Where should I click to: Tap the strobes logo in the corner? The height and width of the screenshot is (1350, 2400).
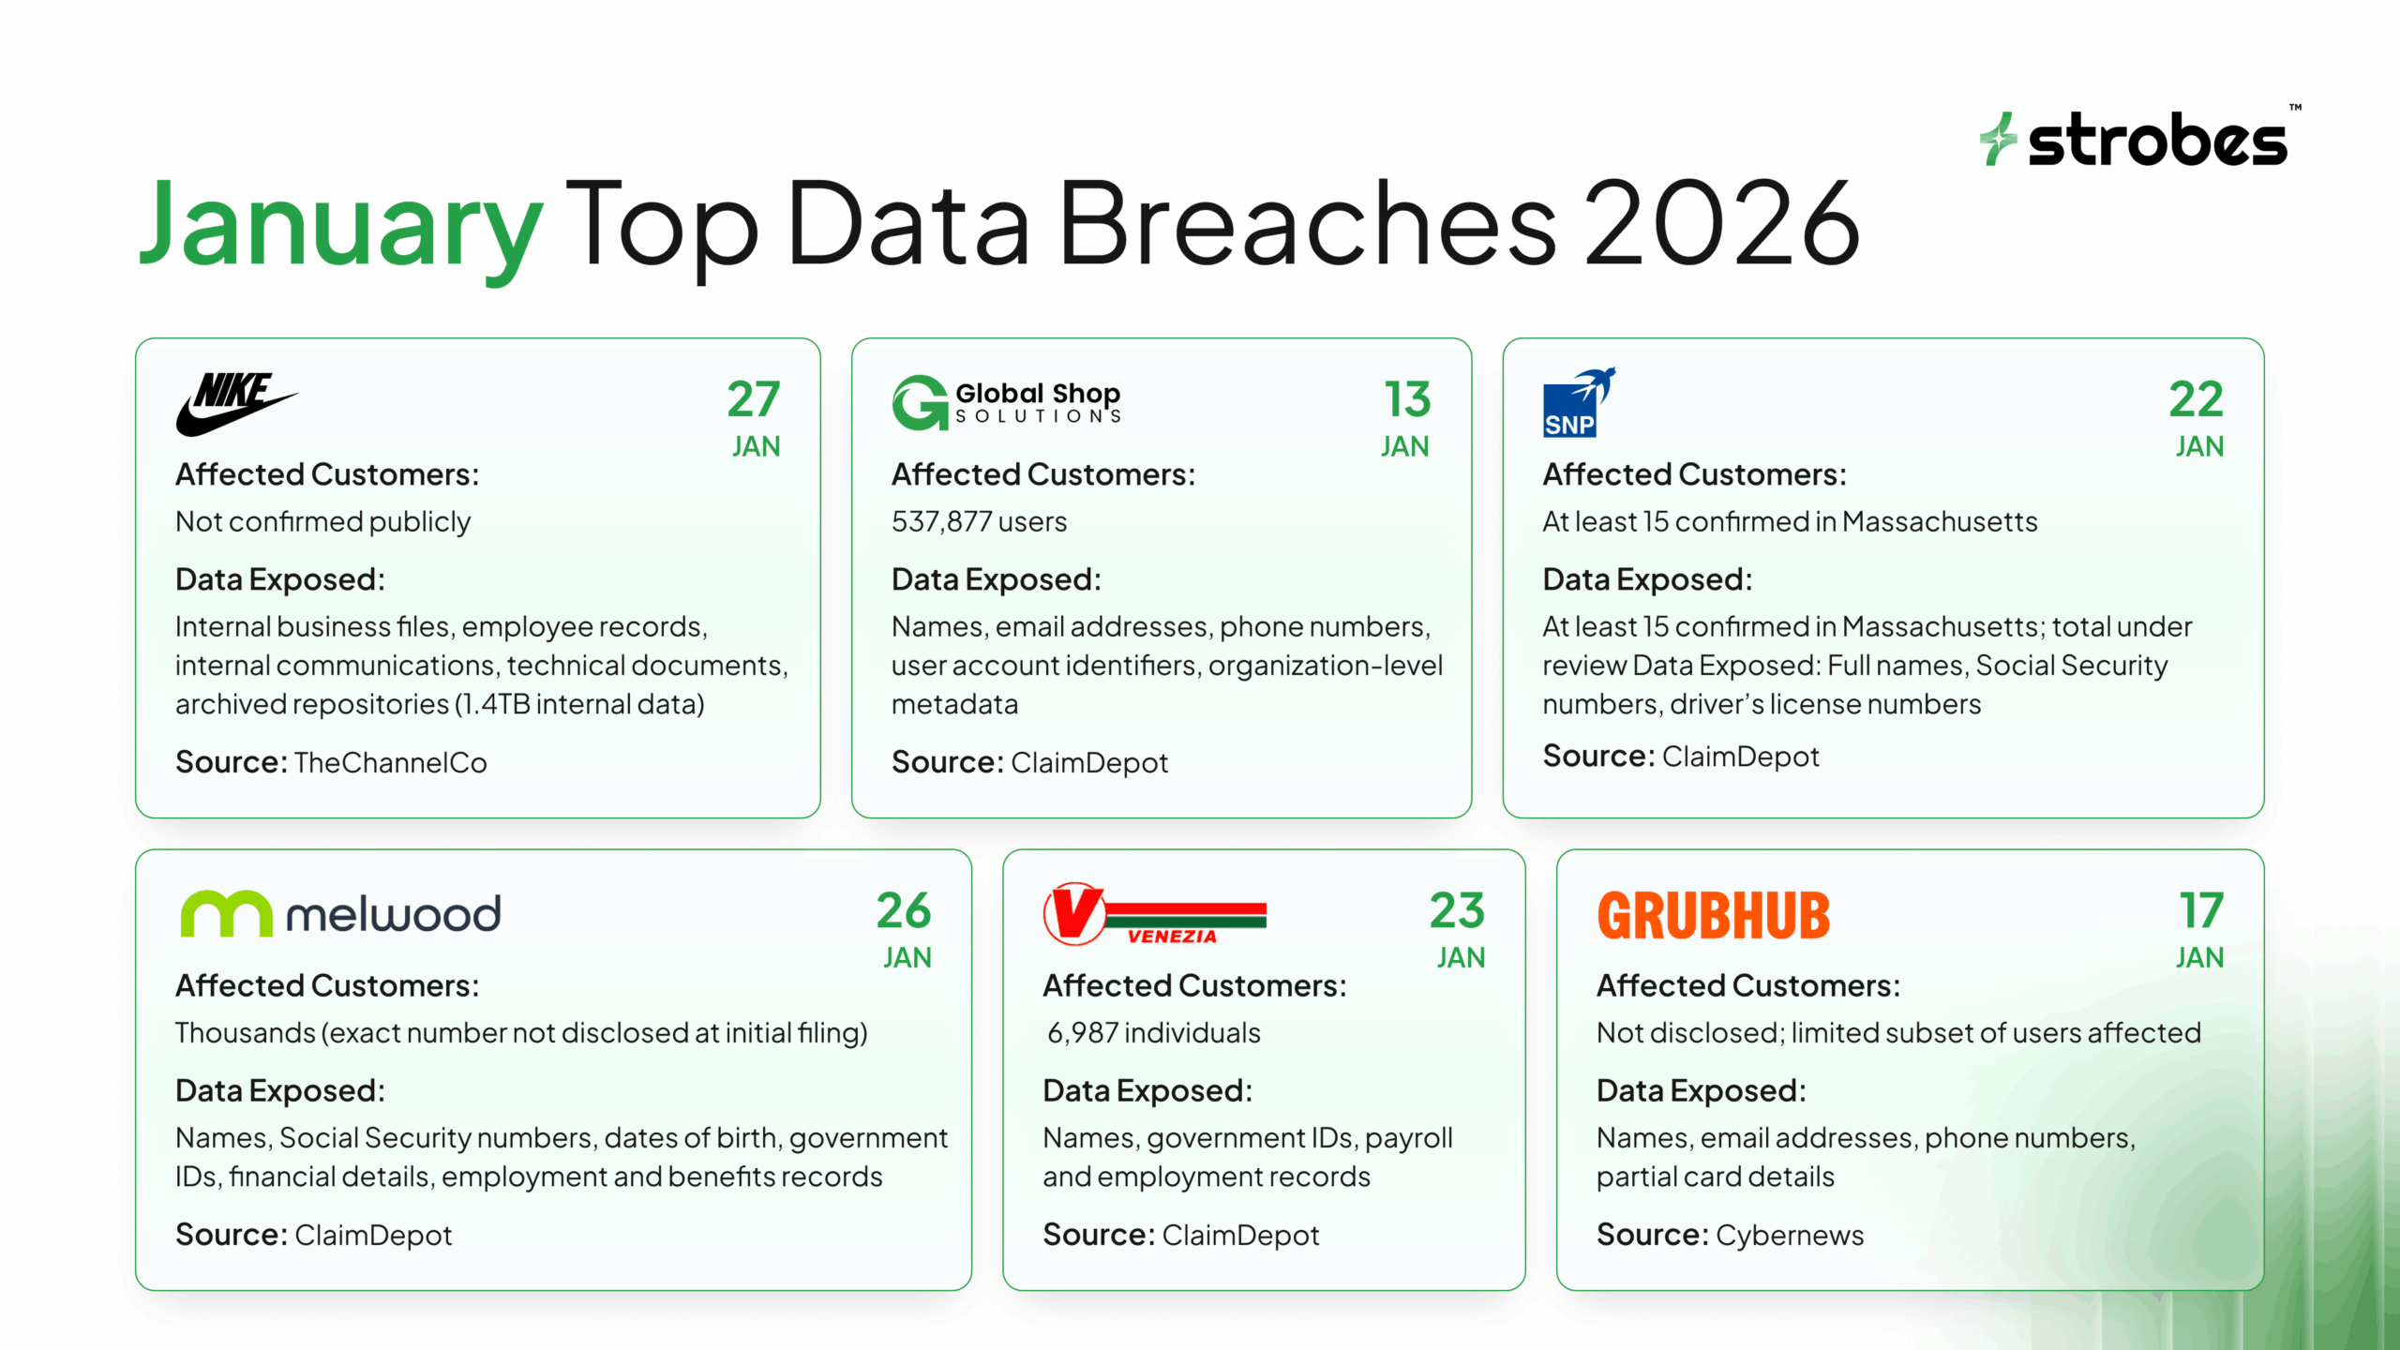(2137, 141)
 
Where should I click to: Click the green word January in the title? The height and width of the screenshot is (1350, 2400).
(340, 225)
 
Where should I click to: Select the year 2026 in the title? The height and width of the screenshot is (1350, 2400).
(1721, 225)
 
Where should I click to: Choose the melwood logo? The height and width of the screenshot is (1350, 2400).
(340, 914)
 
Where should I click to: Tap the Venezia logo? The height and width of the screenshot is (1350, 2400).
(1154, 914)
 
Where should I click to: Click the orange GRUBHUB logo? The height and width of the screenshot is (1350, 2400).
(1713, 916)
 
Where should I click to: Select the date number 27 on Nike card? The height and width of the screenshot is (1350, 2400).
(754, 400)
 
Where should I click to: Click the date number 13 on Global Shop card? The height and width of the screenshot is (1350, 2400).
(1407, 400)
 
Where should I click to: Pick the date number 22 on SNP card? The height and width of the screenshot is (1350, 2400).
(2196, 400)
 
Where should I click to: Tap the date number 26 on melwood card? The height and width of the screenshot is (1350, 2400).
(904, 911)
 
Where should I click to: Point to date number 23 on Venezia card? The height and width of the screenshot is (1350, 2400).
(1457, 911)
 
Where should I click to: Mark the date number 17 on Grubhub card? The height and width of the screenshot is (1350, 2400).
(2200, 911)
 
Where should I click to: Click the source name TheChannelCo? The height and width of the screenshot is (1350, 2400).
(390, 763)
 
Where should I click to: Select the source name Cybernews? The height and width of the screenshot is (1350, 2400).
(1789, 1236)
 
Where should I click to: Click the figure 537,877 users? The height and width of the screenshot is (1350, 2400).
(979, 522)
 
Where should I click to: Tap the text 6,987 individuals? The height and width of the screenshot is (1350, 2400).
(1153, 1033)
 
